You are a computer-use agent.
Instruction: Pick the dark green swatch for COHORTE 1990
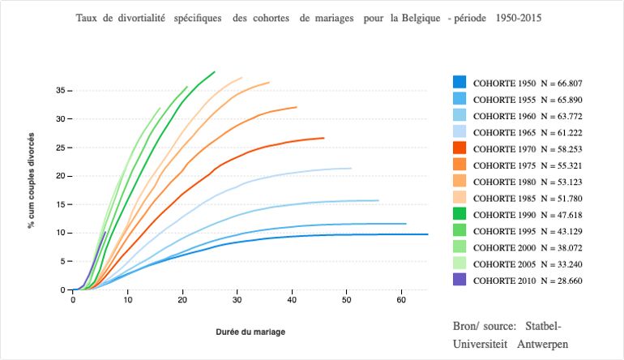click(x=459, y=215)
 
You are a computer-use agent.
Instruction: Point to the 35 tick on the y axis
click(x=60, y=90)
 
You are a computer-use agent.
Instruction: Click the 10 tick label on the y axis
click(x=60, y=233)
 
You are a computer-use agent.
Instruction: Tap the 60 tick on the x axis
click(x=401, y=300)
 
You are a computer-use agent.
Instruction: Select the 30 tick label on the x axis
click(x=237, y=300)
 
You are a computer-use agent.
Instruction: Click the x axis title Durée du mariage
click(x=250, y=332)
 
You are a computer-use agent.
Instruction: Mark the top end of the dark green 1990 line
click(x=215, y=71)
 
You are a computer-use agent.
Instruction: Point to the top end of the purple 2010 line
click(x=105, y=232)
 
